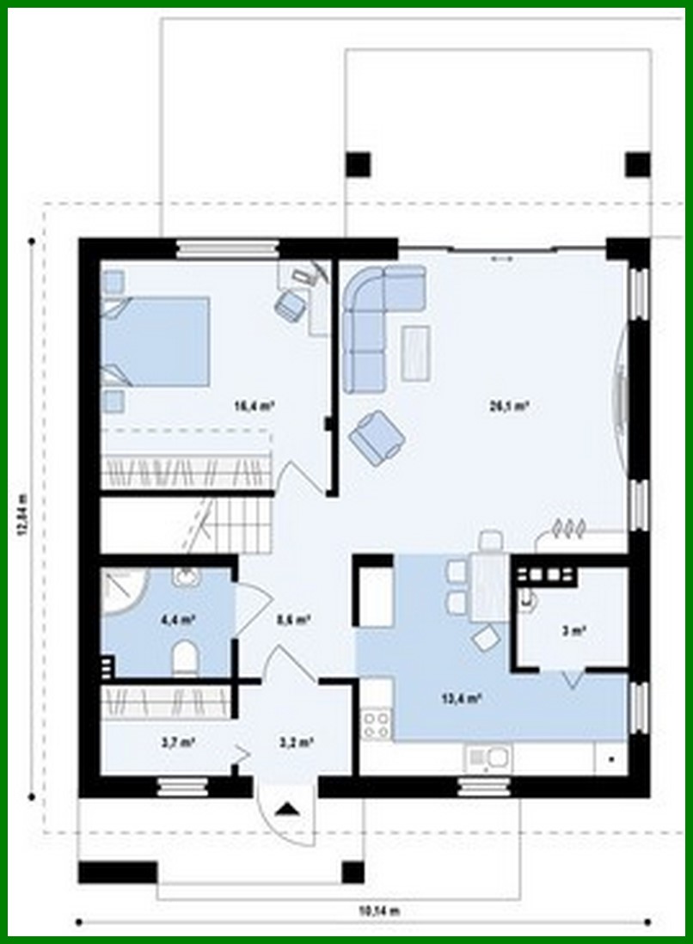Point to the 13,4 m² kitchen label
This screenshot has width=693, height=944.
tap(461, 698)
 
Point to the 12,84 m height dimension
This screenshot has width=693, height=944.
tap(22, 514)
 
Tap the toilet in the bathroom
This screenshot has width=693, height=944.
tap(185, 659)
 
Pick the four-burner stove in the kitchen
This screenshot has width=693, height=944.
tap(377, 723)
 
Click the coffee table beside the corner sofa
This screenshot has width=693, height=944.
tap(416, 352)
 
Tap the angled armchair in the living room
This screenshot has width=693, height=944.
tap(377, 437)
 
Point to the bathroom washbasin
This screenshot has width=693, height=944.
tap(185, 577)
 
